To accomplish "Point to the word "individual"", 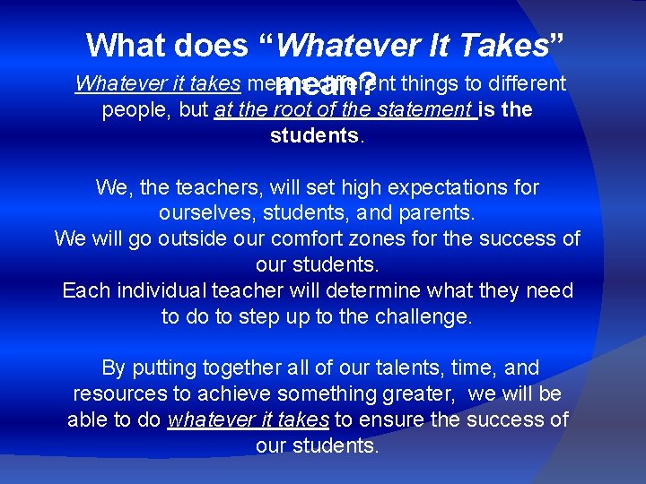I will click(160, 291).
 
